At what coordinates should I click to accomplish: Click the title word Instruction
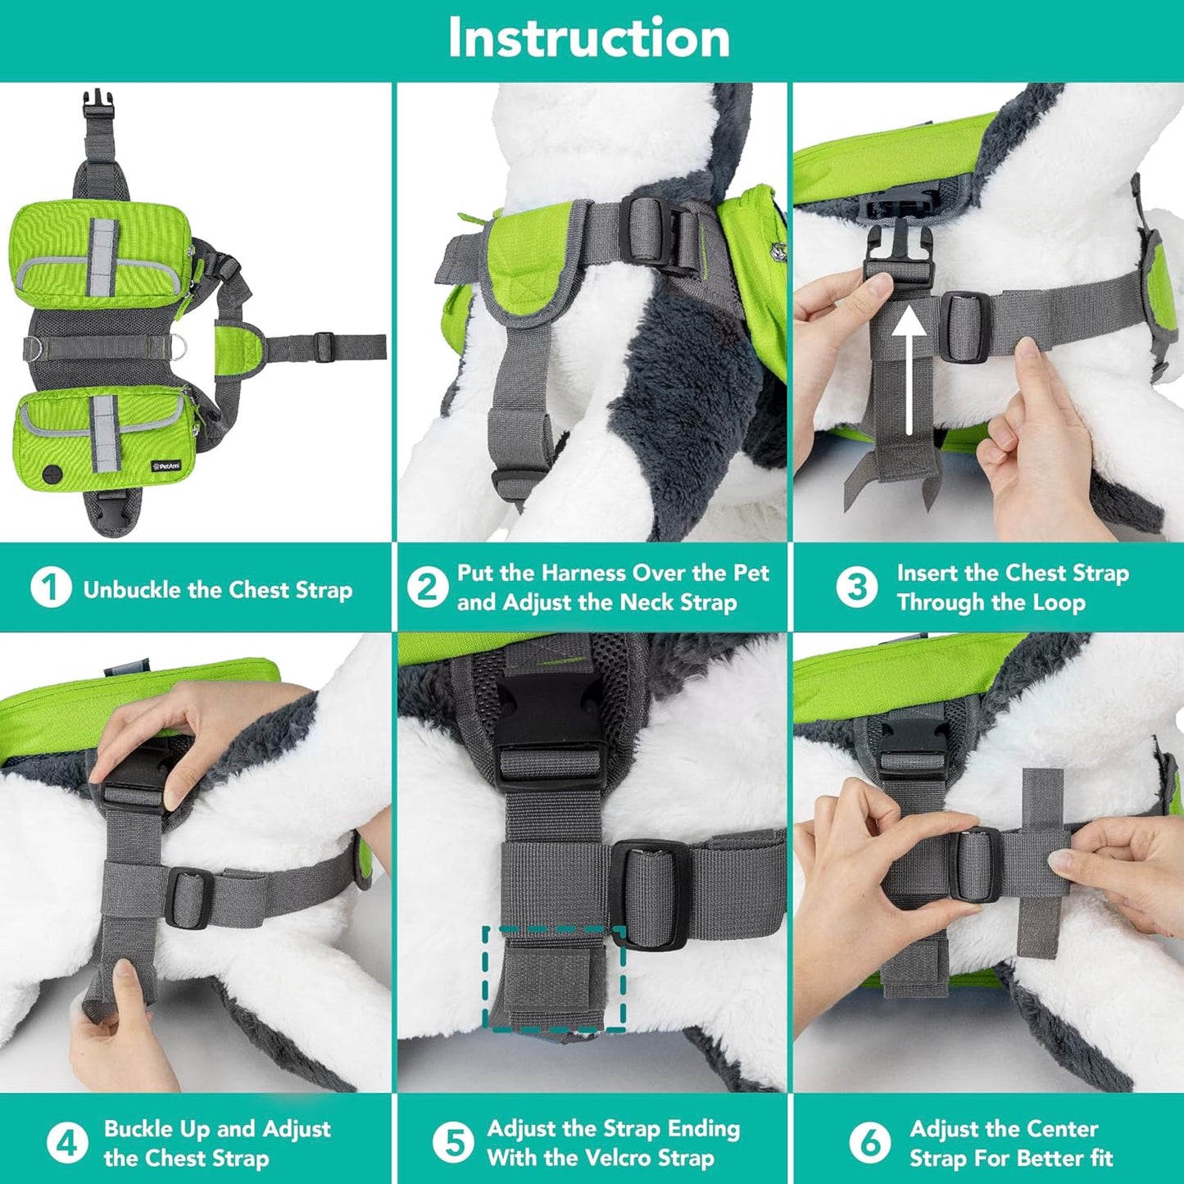[588, 39]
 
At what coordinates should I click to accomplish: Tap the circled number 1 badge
[51, 587]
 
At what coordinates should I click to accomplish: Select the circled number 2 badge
[427, 587]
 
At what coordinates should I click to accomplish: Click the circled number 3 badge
[856, 587]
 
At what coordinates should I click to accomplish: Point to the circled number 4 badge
[67, 1142]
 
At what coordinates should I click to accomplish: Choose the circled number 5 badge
[453, 1142]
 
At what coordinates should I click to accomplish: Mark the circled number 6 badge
[869, 1142]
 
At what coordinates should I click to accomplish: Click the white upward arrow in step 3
[910, 370]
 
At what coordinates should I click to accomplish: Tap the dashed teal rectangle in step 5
[554, 979]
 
